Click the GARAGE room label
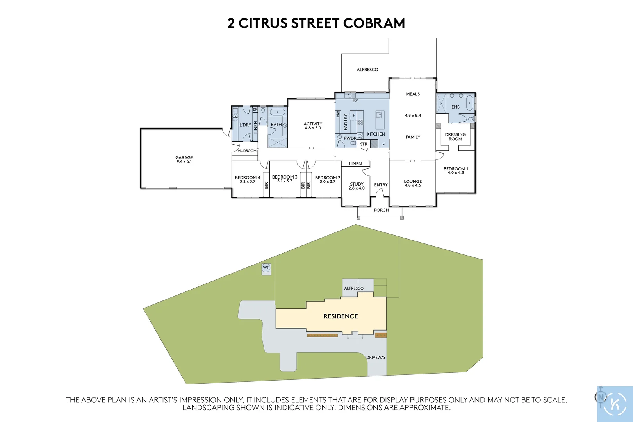click(x=184, y=158)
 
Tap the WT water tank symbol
click(x=266, y=268)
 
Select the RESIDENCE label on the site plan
click(x=341, y=316)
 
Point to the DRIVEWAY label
click(x=376, y=358)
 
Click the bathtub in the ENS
click(x=469, y=103)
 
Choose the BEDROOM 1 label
click(x=456, y=169)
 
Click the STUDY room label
click(x=357, y=184)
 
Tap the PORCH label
click(x=381, y=210)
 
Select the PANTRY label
click(x=345, y=122)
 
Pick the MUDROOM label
click(x=247, y=151)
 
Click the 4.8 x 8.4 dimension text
click(x=413, y=116)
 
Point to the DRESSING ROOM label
click(x=455, y=137)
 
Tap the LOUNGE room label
click(x=413, y=181)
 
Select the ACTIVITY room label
click(x=313, y=124)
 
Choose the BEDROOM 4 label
click(x=247, y=177)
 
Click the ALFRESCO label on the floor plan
click(x=367, y=70)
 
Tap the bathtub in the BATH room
click(x=277, y=112)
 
